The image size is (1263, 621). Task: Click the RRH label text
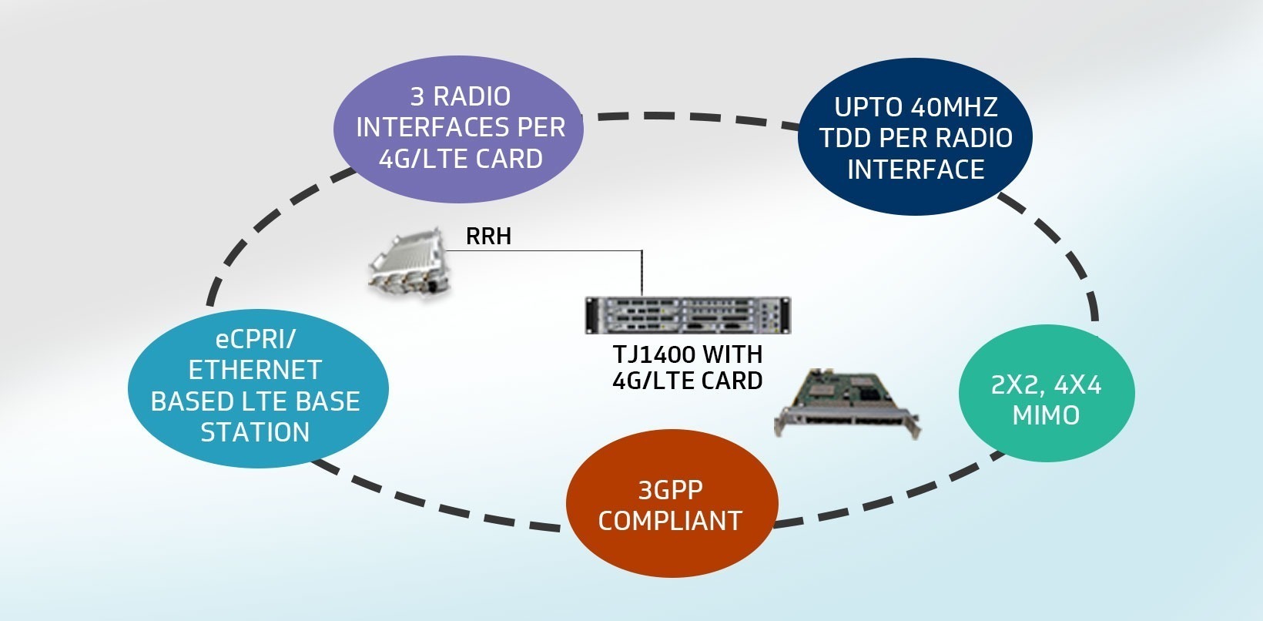pos(488,236)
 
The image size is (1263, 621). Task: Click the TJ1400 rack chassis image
pos(688,315)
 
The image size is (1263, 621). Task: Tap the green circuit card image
pos(846,404)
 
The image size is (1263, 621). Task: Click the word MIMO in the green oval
pos(1046,415)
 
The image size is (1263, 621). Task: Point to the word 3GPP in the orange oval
pos(670,490)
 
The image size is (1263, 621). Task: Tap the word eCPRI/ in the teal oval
pos(255,338)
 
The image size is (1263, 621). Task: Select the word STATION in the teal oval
pos(255,432)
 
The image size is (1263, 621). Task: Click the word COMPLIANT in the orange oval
pos(670,521)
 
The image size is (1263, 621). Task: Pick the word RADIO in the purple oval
pos(471,96)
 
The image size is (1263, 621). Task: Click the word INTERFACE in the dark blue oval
pos(916,170)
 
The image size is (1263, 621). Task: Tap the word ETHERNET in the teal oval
pos(255,370)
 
